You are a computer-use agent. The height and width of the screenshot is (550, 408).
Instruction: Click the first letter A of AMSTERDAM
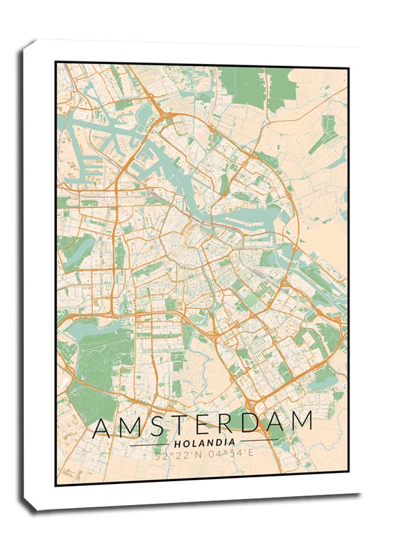(x=103, y=426)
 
